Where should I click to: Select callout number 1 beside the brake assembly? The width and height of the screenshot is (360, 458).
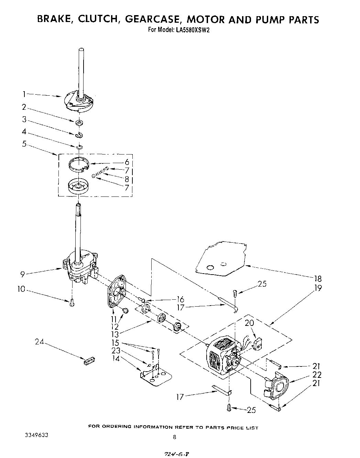click(24, 94)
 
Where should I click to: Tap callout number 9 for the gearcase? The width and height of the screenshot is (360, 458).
click(23, 274)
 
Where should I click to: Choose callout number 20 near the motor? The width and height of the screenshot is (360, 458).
click(249, 323)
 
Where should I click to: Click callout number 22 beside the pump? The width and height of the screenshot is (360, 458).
click(317, 375)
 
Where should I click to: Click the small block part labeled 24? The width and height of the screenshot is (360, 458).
click(89, 360)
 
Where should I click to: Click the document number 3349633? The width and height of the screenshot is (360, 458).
click(36, 435)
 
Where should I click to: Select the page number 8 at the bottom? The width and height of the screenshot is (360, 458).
click(175, 438)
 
